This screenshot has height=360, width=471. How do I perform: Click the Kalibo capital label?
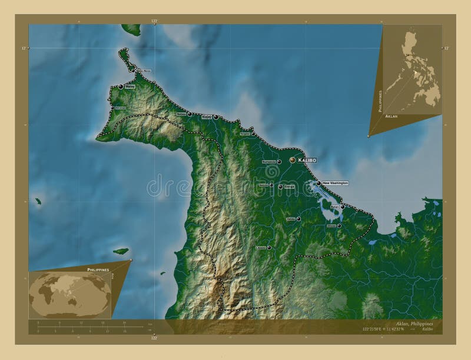pyautogui.click(x=308, y=160)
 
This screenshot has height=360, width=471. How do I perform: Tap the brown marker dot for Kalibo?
pyautogui.click(x=293, y=159)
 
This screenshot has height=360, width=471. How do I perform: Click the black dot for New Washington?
pyautogui.click(x=319, y=183)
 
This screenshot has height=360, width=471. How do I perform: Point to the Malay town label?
pyautogui.click(x=130, y=86)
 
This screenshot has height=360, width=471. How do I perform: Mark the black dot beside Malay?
pyautogui.click(x=121, y=86)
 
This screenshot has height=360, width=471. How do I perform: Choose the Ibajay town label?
pyautogui.click(x=206, y=117)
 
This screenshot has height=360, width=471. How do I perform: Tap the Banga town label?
pyautogui.click(x=288, y=187)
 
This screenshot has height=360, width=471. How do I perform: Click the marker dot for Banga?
pyautogui.click(x=280, y=187)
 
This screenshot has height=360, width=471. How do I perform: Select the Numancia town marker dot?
pyautogui.click(x=279, y=162)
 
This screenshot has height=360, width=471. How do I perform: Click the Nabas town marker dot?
pyautogui.click(x=190, y=114)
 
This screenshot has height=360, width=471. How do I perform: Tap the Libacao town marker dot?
pyautogui.click(x=269, y=248)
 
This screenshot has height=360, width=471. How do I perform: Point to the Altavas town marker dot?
pyautogui.click(x=339, y=225)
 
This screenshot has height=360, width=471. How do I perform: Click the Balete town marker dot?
pyautogui.click(x=298, y=219)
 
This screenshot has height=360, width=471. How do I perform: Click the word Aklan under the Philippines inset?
pyautogui.click(x=390, y=117)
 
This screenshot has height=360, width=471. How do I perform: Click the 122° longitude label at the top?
pyautogui.click(x=154, y=21)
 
